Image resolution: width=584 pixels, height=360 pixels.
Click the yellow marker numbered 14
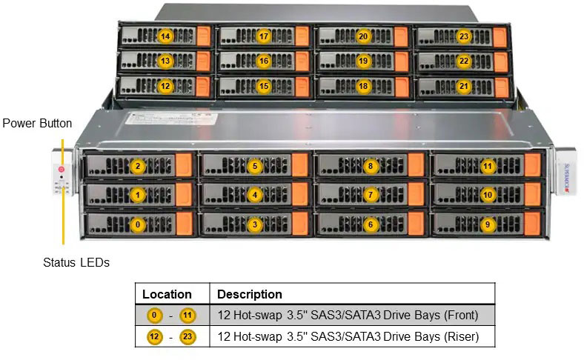pos(165,36)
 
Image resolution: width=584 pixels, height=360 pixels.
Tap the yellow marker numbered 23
pos(464,36)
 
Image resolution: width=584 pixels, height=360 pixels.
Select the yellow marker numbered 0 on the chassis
pos(137,223)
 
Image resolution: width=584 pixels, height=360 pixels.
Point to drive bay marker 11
pos(487,166)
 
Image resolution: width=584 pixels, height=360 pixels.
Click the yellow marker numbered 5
pos(254,166)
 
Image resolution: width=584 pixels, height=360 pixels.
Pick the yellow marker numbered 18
pos(362,86)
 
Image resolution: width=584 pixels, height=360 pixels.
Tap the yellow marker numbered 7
pos(371,195)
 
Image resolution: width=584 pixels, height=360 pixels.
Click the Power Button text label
pos(37,123)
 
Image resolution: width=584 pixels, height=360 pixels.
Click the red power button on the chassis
pos(62,170)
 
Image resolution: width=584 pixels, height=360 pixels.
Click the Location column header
pos(167,294)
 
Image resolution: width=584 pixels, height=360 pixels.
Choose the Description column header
pos(250,294)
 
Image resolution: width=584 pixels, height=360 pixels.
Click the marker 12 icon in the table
pos(154,336)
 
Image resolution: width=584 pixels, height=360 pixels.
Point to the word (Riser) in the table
pos(461,336)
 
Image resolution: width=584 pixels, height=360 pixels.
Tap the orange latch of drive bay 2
pos(184,166)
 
